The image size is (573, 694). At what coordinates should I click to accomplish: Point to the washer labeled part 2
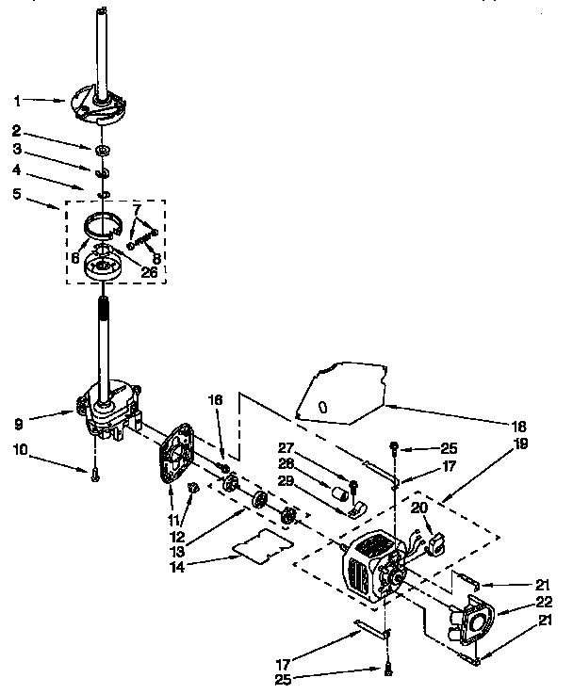coord(100,149)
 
